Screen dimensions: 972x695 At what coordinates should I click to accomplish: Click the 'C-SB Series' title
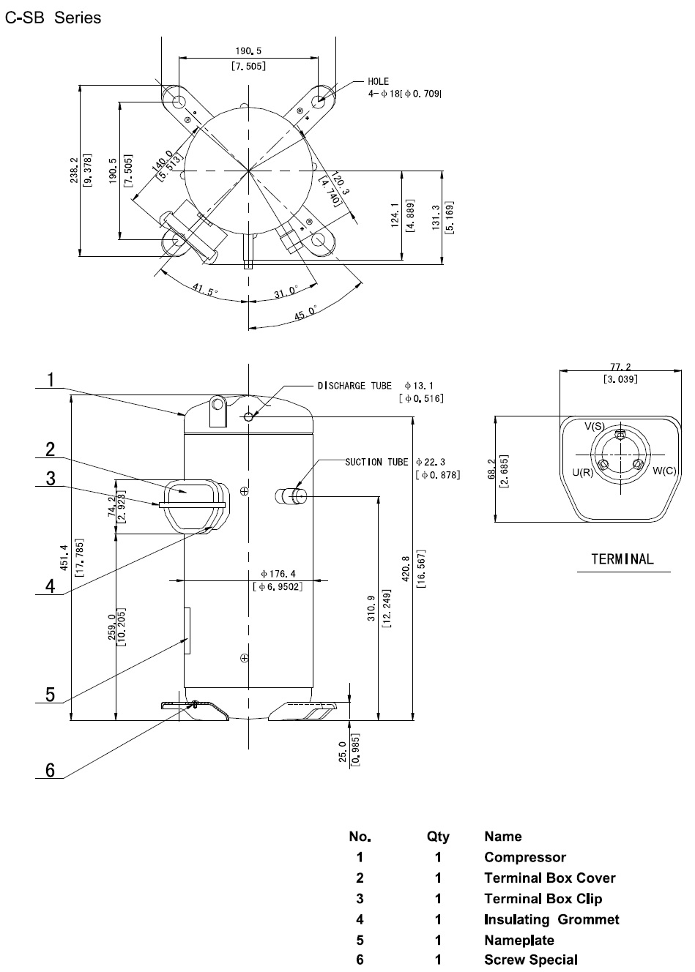pos(53,18)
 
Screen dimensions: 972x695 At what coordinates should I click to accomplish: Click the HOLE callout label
pos(379,81)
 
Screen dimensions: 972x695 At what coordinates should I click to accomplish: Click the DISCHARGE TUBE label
pos(354,385)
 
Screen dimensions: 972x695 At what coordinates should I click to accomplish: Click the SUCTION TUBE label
pos(376,462)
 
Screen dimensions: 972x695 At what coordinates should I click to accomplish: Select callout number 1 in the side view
pos(51,380)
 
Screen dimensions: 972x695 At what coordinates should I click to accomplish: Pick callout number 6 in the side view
pos(51,770)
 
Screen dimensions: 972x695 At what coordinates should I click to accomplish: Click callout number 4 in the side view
pos(51,586)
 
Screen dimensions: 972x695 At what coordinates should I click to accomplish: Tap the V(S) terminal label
pos(594,426)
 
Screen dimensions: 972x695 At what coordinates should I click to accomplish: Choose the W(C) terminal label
pos(664,471)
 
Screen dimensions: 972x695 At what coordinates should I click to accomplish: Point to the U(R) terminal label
pos(583,472)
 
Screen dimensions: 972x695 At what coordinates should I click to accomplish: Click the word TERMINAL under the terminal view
pos(622,560)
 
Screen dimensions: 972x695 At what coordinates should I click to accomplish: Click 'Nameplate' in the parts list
pos(519,940)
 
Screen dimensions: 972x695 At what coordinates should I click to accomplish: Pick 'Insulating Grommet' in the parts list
pos(551,919)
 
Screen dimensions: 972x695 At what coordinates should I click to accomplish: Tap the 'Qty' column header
pos(438,837)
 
